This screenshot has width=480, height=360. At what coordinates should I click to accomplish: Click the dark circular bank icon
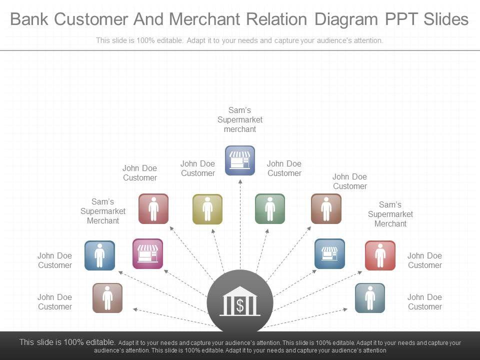click(240, 302)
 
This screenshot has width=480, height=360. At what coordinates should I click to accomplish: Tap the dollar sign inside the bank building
click(240, 305)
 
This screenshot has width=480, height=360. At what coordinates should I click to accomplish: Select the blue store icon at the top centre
click(240, 160)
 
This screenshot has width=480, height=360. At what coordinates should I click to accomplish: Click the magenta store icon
click(147, 253)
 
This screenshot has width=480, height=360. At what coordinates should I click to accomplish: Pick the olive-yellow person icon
click(207, 209)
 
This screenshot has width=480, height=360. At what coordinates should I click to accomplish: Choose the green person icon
click(270, 208)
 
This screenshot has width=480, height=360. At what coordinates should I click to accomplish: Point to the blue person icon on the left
click(99, 255)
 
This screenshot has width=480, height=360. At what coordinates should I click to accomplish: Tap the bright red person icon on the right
click(380, 255)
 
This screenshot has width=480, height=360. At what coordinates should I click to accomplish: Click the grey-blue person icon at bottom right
click(370, 298)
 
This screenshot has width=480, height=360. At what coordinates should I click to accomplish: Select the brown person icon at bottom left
click(107, 298)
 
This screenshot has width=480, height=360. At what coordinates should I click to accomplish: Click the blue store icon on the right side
click(329, 253)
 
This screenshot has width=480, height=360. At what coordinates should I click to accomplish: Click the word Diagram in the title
click(346, 19)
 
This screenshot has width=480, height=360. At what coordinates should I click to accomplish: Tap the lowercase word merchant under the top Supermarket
click(240, 129)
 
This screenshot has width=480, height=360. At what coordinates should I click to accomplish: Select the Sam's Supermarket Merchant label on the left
click(103, 211)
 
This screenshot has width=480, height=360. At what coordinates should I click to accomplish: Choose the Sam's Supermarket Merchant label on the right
click(390, 214)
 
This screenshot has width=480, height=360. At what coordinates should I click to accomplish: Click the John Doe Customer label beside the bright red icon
click(424, 260)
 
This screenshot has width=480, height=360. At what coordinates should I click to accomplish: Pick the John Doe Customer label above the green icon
click(284, 168)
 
